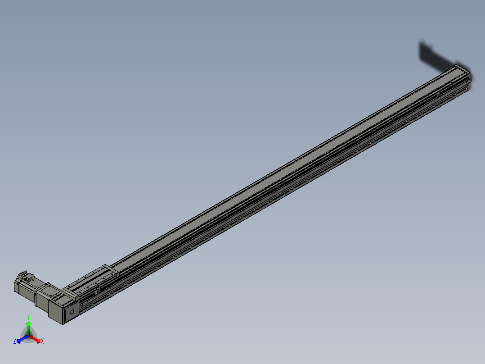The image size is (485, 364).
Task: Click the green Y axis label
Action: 28,317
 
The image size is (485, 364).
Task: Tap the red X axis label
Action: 42,341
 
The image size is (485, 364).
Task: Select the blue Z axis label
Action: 15,341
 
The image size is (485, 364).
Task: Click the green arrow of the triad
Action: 28,325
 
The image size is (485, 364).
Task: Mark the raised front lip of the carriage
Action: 69,293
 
